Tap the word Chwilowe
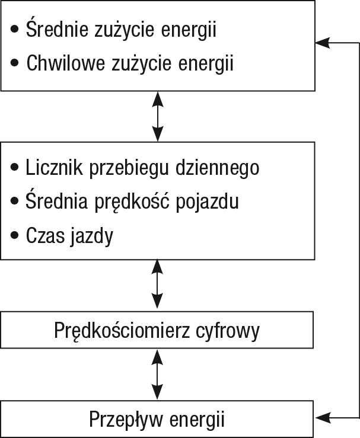66,63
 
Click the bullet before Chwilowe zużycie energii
14,63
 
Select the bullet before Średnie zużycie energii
14,29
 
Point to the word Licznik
54,167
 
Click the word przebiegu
129,169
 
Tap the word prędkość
132,202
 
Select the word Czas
44,235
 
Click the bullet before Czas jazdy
14,235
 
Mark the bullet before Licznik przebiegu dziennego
14,167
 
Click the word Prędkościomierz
122,331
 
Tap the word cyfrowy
228,331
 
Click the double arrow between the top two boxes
158,117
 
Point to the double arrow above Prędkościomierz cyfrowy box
157,284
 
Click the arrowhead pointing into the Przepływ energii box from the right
323,418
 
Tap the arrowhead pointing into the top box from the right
323,43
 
